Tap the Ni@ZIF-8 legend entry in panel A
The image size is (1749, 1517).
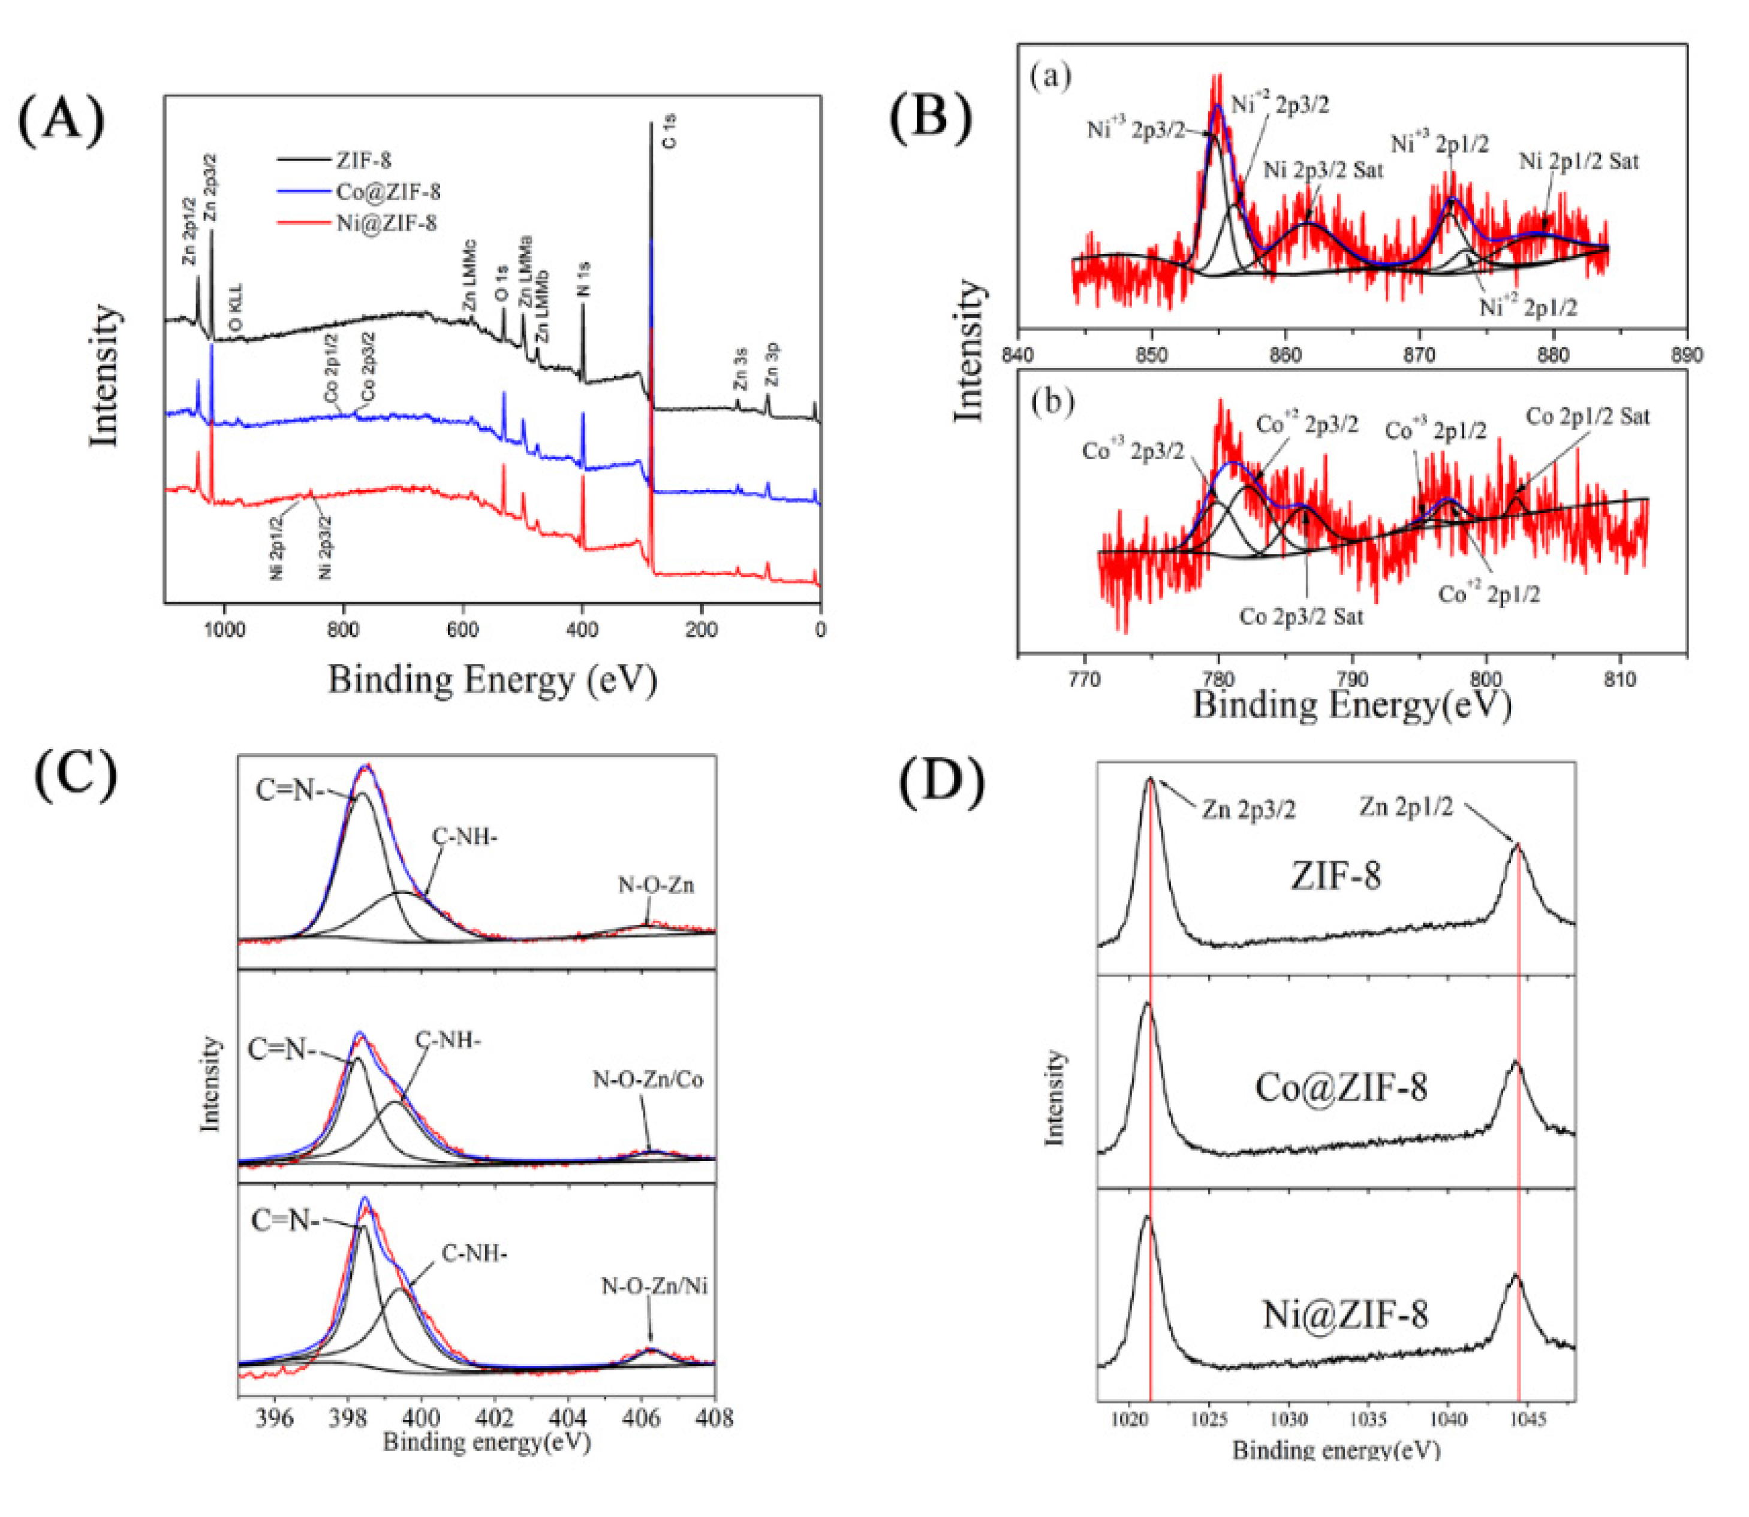click(386, 223)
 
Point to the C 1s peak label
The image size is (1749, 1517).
click(669, 132)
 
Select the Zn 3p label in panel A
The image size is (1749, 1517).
click(772, 364)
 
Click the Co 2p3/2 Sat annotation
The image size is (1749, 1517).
click(1302, 617)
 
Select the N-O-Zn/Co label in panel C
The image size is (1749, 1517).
click(648, 1080)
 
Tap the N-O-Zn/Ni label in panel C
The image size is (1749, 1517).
click(655, 1287)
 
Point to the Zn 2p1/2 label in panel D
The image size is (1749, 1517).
click(1406, 808)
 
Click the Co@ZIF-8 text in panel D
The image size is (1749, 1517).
click(1341, 1088)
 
